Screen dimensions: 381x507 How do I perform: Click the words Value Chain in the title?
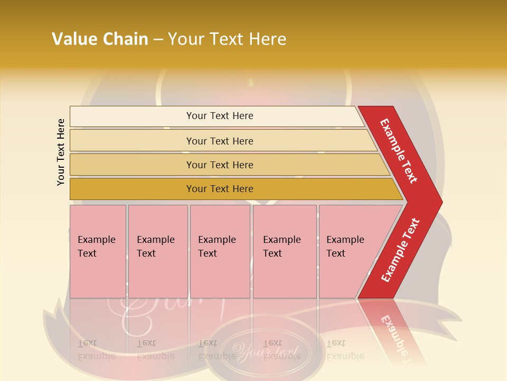[100, 39]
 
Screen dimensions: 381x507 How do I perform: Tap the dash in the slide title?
[158, 40]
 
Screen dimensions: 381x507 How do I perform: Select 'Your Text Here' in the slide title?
[227, 39]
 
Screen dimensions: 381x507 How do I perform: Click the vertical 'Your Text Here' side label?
[61, 152]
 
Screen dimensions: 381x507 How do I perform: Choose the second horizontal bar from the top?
[220, 141]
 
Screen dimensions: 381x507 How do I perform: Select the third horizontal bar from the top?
[220, 165]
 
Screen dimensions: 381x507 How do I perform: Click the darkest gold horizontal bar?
[220, 189]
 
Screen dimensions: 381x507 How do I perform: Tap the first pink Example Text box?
[98, 251]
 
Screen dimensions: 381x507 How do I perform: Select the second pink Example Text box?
[158, 251]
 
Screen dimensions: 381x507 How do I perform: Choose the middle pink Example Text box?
[220, 251]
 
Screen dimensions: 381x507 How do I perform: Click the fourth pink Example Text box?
[285, 251]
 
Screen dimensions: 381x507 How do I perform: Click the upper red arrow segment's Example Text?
[399, 151]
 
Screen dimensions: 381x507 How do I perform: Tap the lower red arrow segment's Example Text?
[400, 250]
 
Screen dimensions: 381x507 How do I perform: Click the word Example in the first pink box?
[96, 240]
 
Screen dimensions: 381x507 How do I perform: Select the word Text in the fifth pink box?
[335, 253]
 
